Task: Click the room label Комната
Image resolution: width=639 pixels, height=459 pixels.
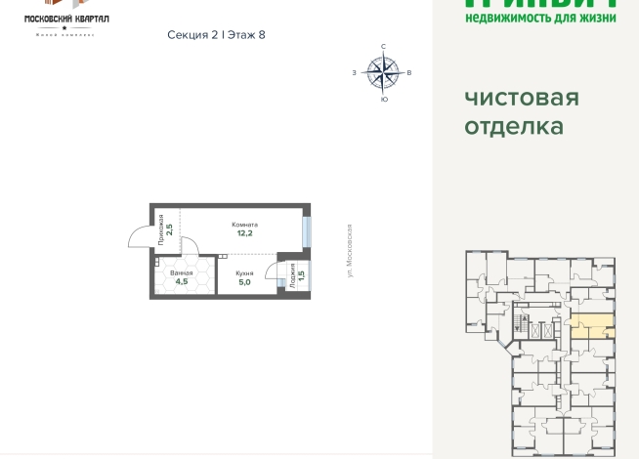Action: coord(243,224)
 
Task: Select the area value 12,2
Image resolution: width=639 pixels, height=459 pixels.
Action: coord(243,233)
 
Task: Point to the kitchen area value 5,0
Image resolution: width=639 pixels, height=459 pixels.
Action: coord(244,281)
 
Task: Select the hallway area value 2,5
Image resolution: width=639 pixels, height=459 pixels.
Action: coord(170,231)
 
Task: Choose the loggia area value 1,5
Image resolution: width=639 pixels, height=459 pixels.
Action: coord(301,276)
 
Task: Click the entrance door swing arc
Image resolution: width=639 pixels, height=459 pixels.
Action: coord(139,235)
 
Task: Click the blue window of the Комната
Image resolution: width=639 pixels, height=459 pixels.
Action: coord(307,231)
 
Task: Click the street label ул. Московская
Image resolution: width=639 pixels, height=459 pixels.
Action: coord(349,250)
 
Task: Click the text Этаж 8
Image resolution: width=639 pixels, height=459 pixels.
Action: coord(246,34)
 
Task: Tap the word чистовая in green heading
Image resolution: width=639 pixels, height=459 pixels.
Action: coord(521,98)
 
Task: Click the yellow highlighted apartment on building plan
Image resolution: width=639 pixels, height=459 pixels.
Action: coord(591,327)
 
